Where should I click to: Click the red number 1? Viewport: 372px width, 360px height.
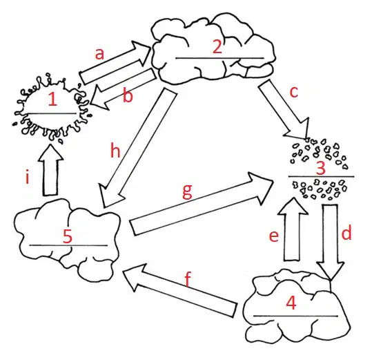pos(52,99)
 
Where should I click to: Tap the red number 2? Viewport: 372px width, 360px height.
pos(217,47)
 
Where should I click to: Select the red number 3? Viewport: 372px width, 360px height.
pos(321,168)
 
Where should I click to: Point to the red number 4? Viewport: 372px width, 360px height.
pos(291,303)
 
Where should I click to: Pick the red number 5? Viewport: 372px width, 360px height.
pos(68,236)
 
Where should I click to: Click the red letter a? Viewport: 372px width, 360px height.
pos(99,54)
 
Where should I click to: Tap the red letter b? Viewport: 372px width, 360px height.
pos(128,95)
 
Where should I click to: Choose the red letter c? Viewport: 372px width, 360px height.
pos(294,92)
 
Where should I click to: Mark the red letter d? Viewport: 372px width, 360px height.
pos(346,232)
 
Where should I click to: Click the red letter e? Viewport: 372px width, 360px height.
pos(274,236)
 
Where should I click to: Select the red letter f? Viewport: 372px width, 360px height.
pos(188,279)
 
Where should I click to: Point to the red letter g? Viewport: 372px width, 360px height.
pos(187,191)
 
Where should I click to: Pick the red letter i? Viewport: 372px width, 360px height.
pos(28,178)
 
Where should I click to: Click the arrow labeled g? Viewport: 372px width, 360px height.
pos(202,204)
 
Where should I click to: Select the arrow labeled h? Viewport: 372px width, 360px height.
pos(138,148)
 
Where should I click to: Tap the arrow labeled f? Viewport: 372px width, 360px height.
pos(179,290)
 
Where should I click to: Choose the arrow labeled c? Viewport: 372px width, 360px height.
pos(284,110)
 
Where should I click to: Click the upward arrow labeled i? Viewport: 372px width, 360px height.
pos(50,169)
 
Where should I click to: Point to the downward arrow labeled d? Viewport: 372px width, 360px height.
pos(330,242)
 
